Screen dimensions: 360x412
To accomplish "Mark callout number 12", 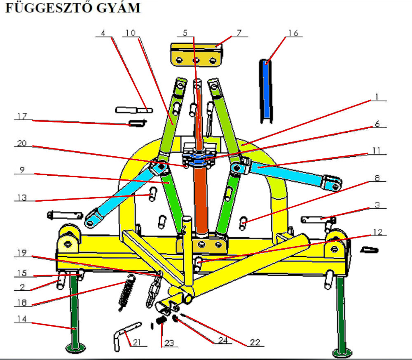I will click(x=376, y=232).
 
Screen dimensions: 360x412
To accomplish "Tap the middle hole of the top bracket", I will click(x=196, y=61).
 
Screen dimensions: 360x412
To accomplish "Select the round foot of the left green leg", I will click(x=76, y=348).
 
